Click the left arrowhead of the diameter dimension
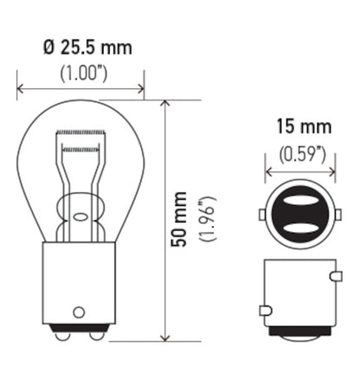20,88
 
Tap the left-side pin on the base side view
263,309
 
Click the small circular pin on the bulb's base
80,310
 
